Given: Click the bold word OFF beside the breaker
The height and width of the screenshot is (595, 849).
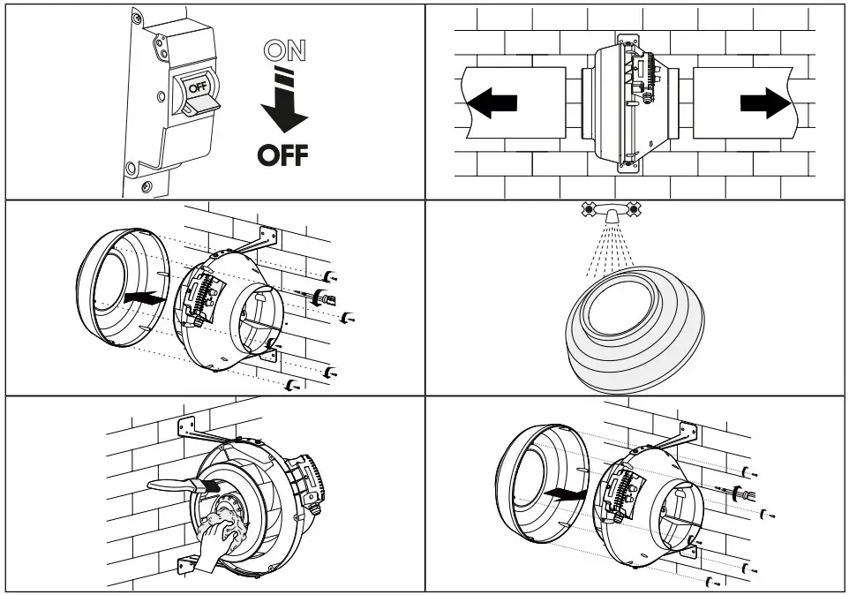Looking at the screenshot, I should pos(283,156).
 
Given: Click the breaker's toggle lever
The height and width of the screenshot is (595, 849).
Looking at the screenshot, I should pos(201,106).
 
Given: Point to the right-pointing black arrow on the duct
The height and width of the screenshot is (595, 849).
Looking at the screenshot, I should pos(765,102).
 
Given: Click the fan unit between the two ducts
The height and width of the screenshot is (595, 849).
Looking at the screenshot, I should pos(628,103).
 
